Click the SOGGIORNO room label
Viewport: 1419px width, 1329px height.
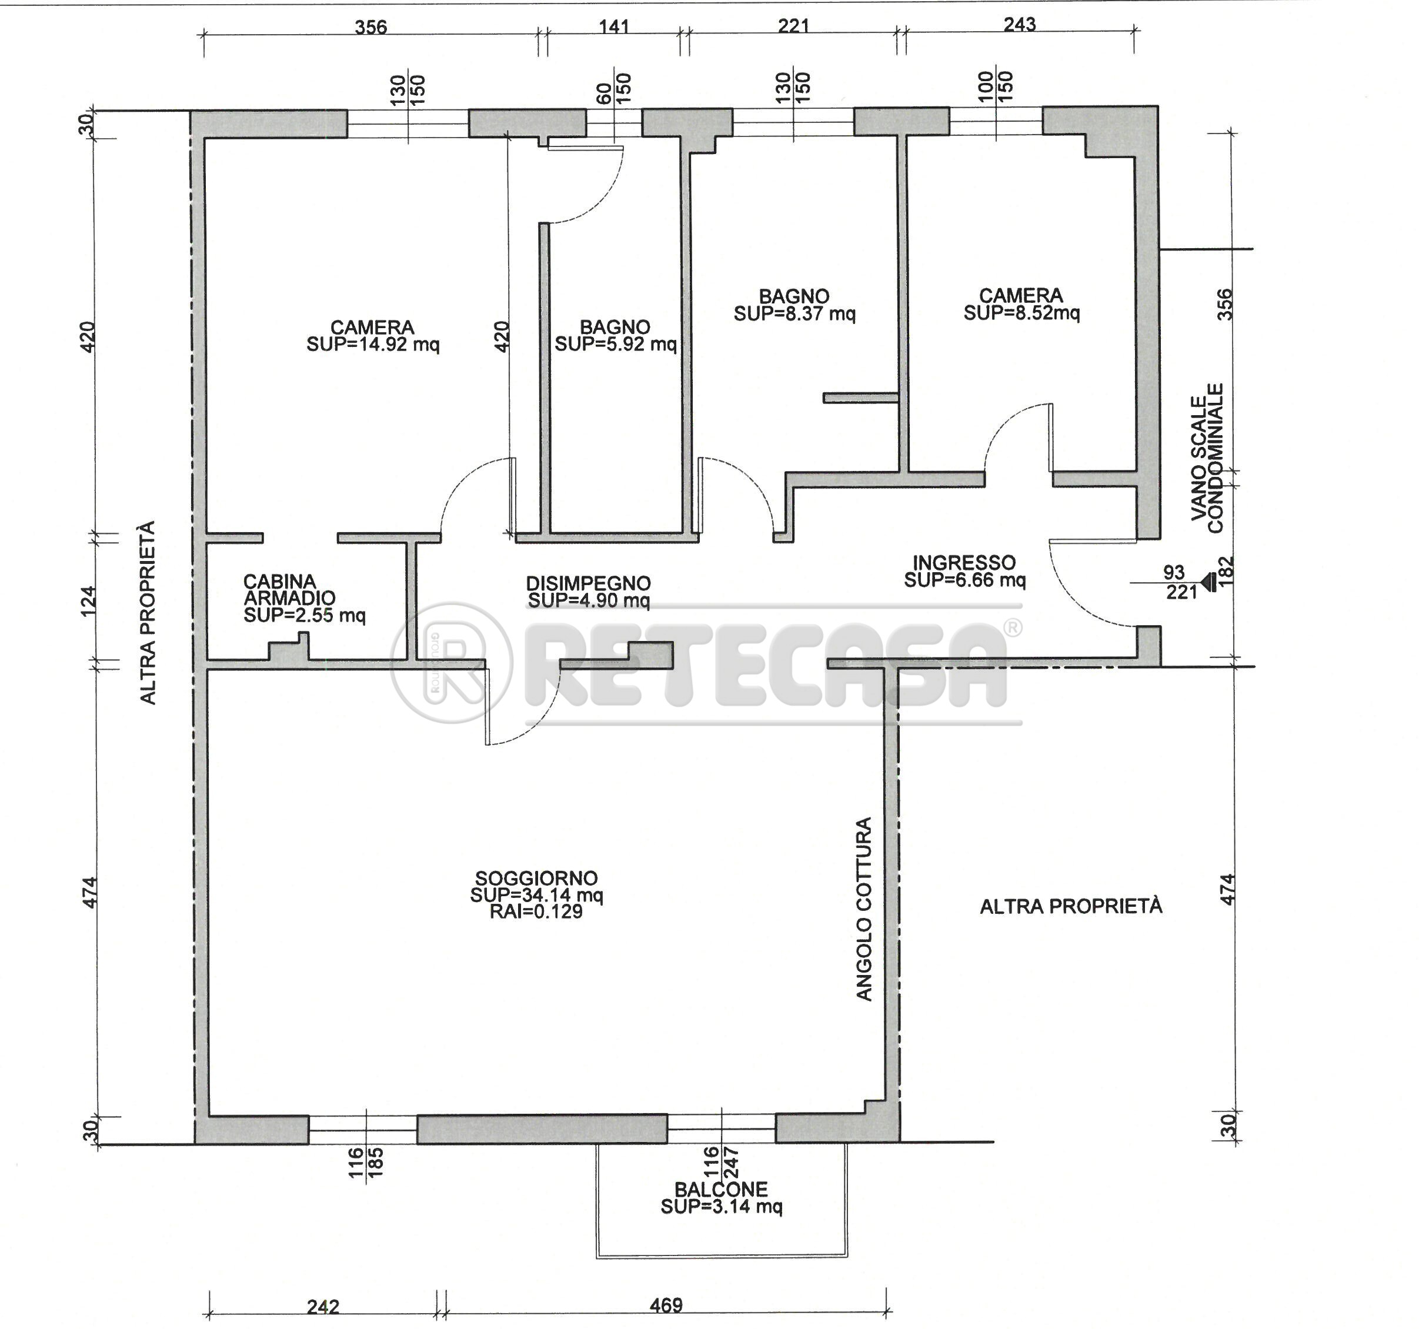536,878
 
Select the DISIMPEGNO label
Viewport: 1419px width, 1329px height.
588,583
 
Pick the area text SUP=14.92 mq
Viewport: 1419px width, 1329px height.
373,344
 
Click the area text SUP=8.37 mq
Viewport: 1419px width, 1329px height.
794,313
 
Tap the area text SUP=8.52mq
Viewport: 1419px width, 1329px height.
1021,313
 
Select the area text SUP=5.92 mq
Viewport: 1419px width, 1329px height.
615,344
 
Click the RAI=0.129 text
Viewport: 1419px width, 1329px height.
536,911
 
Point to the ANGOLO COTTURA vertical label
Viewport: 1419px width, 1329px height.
864,909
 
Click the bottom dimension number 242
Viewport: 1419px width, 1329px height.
323,1306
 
